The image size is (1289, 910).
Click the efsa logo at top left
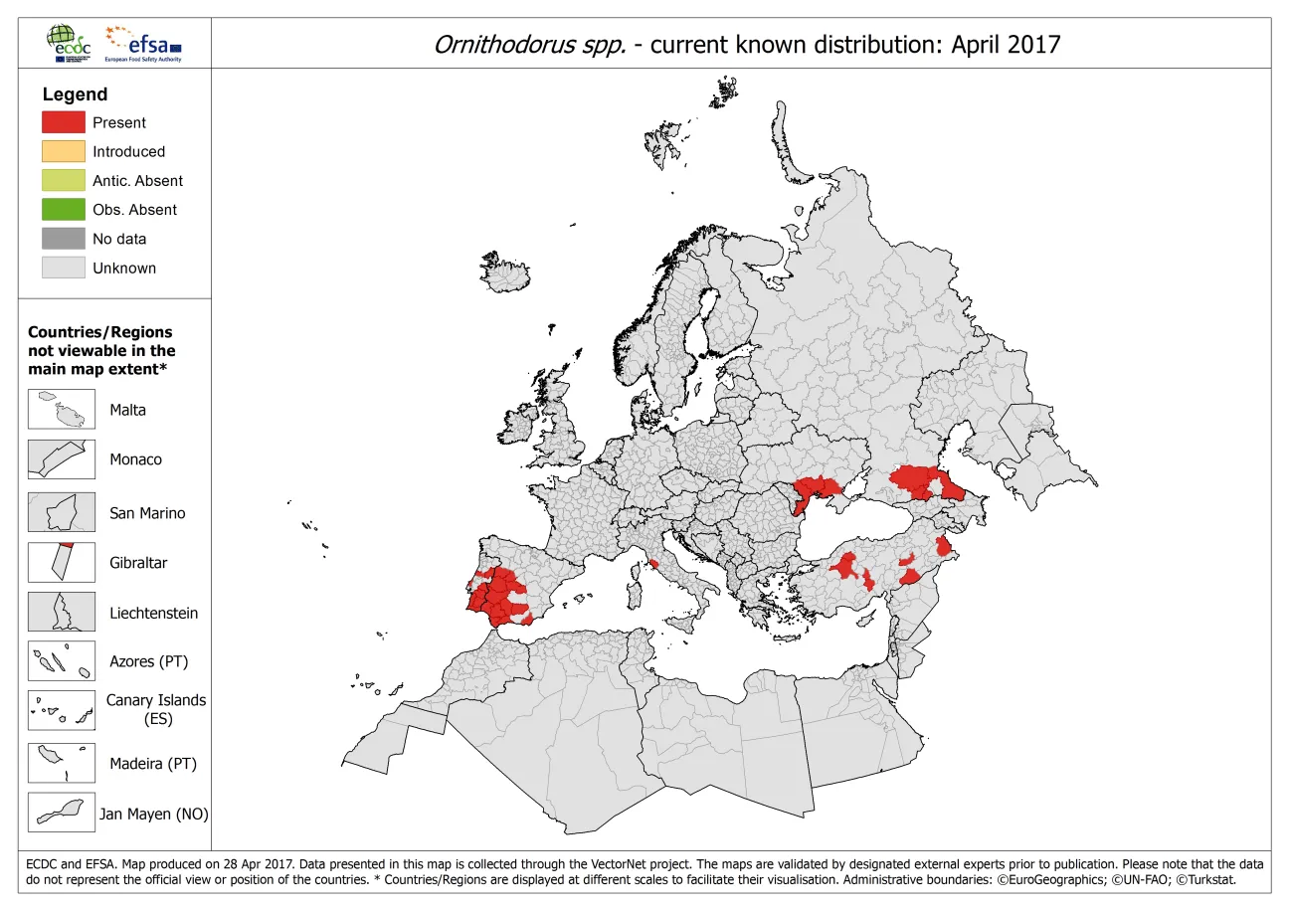pos(145,44)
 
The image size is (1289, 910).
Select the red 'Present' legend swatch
pos(63,122)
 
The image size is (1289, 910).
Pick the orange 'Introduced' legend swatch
pos(63,151)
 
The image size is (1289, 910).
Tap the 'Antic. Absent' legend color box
pos(63,180)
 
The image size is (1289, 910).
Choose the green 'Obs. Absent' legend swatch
pos(63,209)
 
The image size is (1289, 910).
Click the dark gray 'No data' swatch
pos(63,239)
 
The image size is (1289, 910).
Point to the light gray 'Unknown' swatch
pos(63,268)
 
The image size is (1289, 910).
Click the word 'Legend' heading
pos(75,94)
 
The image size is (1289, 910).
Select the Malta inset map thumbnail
pos(62,410)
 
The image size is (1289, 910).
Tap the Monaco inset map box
pos(62,459)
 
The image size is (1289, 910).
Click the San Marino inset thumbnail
pos(62,512)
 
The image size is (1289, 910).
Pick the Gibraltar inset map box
pos(62,562)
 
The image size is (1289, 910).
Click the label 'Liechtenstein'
pos(153,613)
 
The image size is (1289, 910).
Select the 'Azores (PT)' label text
pos(148,661)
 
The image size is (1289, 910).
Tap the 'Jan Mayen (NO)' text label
pos(153,814)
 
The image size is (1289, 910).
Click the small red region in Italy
pos(654,564)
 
